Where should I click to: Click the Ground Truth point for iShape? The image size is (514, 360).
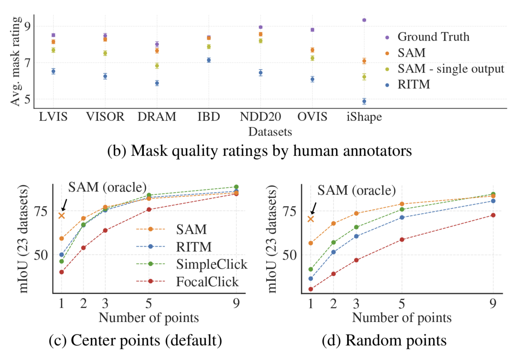click(364, 20)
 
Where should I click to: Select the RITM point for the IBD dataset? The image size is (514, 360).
click(209, 60)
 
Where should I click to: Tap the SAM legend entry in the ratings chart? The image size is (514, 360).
click(411, 53)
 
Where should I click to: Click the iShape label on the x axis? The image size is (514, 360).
click(364, 117)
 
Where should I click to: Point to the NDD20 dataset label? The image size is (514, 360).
click(260, 117)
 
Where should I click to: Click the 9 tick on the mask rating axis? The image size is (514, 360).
click(27, 26)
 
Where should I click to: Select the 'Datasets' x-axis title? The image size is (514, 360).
click(270, 132)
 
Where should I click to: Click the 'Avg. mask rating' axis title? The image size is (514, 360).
click(15, 61)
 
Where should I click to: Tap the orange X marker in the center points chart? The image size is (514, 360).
click(62, 216)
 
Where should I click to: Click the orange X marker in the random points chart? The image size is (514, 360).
click(311, 219)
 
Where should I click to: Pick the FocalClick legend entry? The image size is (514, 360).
click(207, 281)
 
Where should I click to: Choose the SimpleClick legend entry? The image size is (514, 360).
click(211, 264)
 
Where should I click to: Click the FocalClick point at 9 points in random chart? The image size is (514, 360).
click(493, 215)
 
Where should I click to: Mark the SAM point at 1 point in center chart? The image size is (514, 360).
click(62, 238)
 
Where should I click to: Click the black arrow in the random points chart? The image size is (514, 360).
click(313, 208)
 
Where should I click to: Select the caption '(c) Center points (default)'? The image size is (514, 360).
click(135, 340)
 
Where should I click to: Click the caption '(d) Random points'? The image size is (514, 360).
click(384, 340)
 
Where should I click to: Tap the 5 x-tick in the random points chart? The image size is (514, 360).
click(402, 304)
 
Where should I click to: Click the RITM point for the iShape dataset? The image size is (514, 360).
click(364, 101)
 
